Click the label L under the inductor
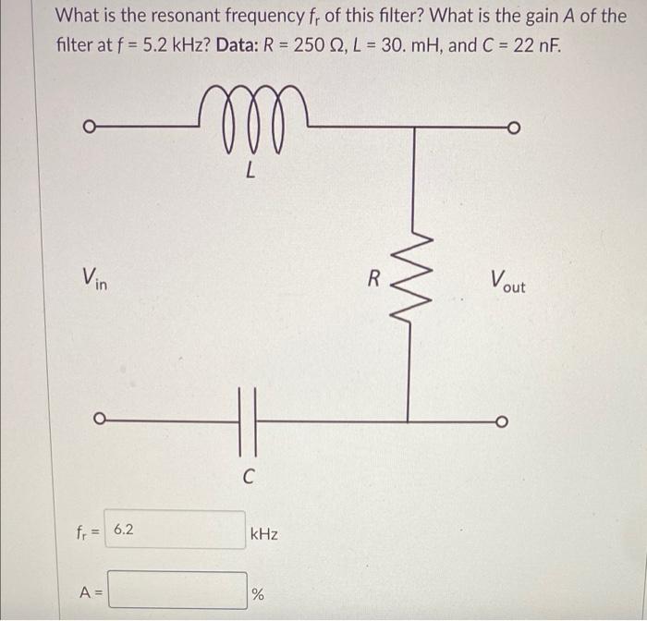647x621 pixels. click(250, 172)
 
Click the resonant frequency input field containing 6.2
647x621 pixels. click(175, 530)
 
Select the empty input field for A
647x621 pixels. click(177, 591)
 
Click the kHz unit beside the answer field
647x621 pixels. click(263, 534)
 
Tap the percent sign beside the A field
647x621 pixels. click(258, 594)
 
